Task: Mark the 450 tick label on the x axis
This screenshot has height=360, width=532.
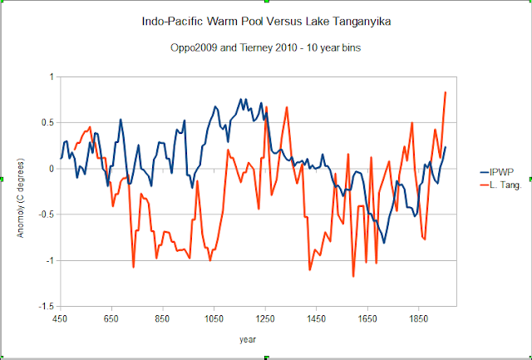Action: pyautogui.click(x=60, y=318)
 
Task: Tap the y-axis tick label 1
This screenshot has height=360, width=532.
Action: pyautogui.click(x=52, y=76)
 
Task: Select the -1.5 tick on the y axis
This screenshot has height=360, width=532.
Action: pyautogui.click(x=45, y=306)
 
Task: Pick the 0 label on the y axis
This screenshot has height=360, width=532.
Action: pyautogui.click(x=52, y=169)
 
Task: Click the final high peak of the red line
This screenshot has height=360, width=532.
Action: pyautogui.click(x=446, y=92)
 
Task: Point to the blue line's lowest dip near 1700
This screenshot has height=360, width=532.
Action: pyautogui.click(x=384, y=243)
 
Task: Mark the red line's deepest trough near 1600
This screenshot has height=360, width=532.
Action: pyautogui.click(x=353, y=276)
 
